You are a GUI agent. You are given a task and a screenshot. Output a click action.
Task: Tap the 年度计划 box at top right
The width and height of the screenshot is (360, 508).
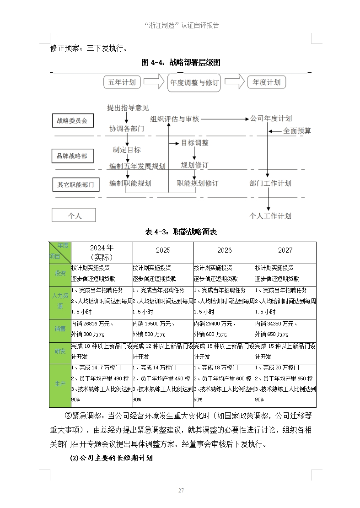[267, 82]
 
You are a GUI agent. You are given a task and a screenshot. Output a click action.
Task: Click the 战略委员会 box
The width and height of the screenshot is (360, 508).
[72, 121]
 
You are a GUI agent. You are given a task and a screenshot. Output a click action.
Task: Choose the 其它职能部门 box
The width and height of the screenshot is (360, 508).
[75, 185]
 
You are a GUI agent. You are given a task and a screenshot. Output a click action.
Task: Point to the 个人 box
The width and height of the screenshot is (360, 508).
[74, 215]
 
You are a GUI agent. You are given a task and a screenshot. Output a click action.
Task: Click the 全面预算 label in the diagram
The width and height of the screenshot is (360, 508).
[297, 131]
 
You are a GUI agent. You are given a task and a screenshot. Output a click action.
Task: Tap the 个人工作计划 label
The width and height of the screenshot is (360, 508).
[270, 216]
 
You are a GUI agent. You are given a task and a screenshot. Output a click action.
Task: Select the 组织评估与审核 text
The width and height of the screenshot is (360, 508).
[175, 119]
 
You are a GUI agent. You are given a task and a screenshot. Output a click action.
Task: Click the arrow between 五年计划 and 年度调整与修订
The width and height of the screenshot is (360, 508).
[154, 82]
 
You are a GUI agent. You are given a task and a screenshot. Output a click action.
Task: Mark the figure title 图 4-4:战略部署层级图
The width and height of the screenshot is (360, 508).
[181, 63]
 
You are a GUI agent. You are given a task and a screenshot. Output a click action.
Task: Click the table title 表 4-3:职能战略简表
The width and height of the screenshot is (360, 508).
[181, 232]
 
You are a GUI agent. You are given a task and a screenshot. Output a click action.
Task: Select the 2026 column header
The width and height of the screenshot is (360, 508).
[224, 250]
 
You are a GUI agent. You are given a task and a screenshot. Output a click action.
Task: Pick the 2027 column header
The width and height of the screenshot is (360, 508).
[285, 250]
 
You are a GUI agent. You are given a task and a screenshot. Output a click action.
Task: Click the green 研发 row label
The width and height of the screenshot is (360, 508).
[60, 351]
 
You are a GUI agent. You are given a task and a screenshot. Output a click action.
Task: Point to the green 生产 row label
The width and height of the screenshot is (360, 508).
[60, 384]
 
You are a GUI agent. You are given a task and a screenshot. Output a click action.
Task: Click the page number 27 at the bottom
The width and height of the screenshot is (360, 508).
[181, 491]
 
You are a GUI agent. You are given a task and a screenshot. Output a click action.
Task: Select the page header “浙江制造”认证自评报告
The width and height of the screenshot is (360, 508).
[181, 26]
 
